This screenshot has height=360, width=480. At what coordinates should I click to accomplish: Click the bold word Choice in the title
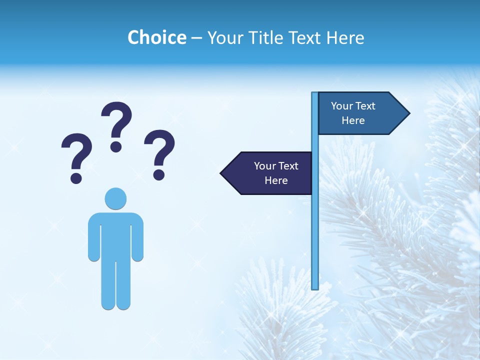coord(156,37)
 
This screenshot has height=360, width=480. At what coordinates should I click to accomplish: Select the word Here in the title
coord(345,37)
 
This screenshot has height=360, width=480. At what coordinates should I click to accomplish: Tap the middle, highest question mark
coord(116,126)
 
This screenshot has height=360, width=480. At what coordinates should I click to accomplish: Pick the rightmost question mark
coord(159,154)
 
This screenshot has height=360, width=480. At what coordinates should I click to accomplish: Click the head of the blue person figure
coord(115,198)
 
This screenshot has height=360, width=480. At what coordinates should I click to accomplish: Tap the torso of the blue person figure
coord(115,235)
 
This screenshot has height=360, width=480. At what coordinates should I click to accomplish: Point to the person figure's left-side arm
coord(94,237)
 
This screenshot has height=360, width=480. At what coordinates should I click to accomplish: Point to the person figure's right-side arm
coord(137,237)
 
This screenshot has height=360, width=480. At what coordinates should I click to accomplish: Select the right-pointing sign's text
coord(353,113)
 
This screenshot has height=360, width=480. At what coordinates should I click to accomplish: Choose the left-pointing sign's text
coord(276,173)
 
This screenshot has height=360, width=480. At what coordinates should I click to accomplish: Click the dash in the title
coord(196,38)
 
